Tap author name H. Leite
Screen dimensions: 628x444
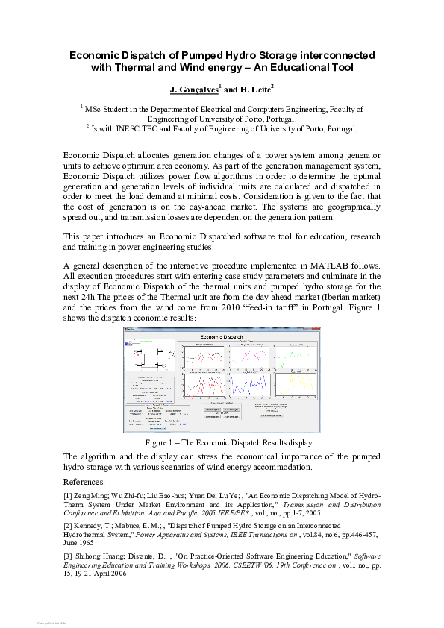click(254, 90)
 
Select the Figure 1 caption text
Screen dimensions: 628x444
click(222, 442)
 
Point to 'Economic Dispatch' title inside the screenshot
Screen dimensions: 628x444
click(222, 336)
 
